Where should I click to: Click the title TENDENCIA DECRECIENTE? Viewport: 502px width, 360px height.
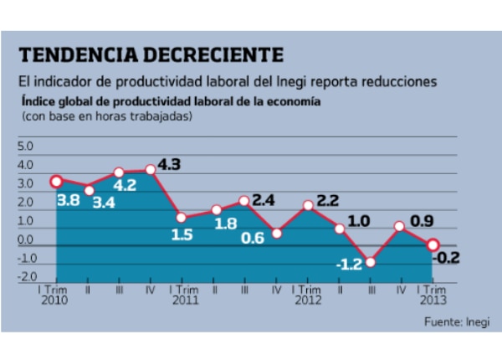pos(151,55)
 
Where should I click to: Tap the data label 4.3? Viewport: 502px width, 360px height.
pos(170,165)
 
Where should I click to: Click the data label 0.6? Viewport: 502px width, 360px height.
pos(254,237)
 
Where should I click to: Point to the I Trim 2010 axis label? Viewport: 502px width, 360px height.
pos(56,293)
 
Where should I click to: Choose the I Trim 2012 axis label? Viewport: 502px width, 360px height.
pos(307,293)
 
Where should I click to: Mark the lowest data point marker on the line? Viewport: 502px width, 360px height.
pos(370,262)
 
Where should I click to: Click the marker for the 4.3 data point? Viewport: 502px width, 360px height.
pos(151,169)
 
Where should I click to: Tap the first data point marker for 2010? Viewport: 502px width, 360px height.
pos(56,181)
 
